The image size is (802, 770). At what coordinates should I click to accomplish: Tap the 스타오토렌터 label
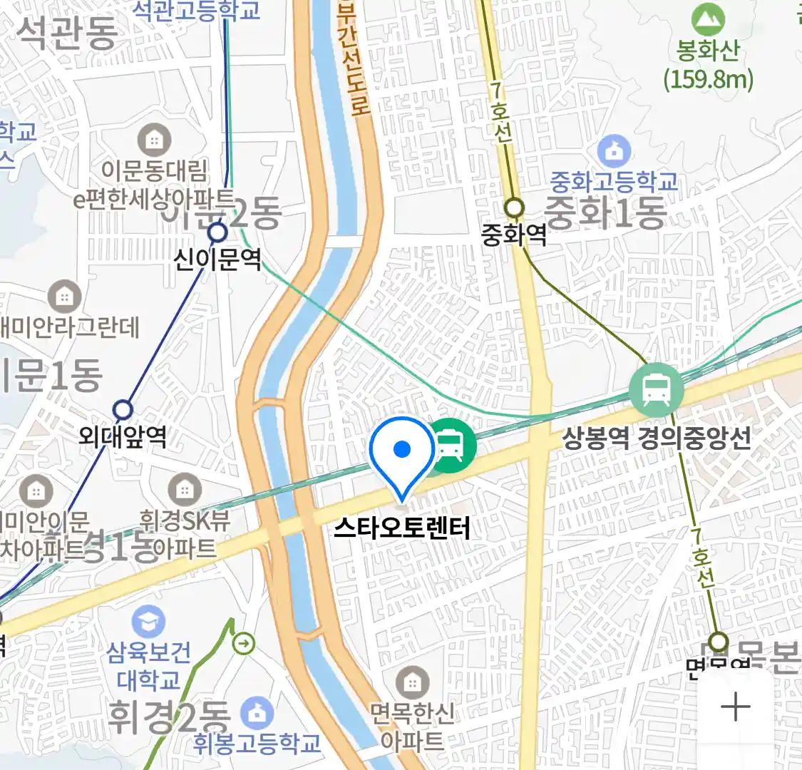(402, 528)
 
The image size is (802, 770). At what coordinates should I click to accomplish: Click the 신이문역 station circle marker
(217, 232)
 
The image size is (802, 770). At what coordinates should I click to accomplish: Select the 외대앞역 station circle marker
(123, 409)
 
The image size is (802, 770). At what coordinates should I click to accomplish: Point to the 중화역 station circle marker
(514, 208)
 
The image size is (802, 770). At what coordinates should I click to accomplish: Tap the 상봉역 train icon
(656, 390)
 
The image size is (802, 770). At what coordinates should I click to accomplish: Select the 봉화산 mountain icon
(707, 19)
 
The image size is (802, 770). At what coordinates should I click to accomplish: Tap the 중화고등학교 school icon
(614, 150)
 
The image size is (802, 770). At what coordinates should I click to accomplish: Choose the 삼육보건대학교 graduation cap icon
(148, 622)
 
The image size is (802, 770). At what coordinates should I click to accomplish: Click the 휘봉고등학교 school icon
(257, 712)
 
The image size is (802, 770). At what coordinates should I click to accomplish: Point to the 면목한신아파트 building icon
(411, 683)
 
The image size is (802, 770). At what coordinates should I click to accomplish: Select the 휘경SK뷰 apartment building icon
(185, 490)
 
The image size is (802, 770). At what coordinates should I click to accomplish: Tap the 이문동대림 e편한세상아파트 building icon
(154, 140)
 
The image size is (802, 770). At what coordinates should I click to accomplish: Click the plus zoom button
(735, 707)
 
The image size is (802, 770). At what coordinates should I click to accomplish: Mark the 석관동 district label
(67, 32)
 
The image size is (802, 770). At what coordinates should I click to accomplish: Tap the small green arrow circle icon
(244, 644)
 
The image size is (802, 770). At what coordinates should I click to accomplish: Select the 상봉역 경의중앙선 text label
(657, 438)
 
